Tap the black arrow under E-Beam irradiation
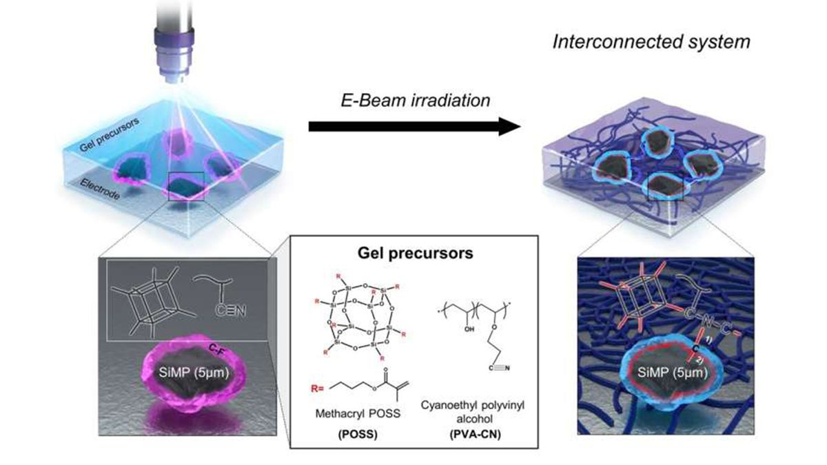[x=413, y=127]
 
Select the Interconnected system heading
[x=651, y=42]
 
